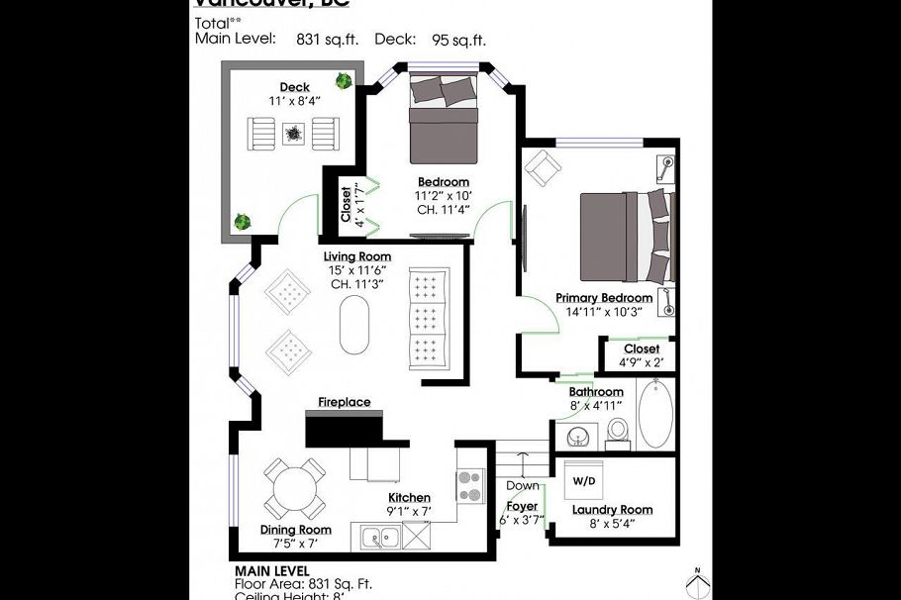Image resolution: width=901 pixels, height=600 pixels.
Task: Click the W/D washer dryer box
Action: (x=586, y=480)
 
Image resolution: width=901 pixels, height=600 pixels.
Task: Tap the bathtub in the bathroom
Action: (x=654, y=415)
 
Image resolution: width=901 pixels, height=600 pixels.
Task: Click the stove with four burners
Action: (x=469, y=485)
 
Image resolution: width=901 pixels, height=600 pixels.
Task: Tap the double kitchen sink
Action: (x=379, y=538)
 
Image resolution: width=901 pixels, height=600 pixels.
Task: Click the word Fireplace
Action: (x=344, y=402)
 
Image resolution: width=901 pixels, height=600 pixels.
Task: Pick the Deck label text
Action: (x=294, y=88)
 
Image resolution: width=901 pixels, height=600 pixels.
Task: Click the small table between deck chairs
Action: (x=294, y=131)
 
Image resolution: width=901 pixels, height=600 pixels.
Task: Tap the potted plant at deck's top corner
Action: (x=345, y=81)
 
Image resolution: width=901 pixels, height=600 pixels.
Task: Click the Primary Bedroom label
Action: (x=603, y=298)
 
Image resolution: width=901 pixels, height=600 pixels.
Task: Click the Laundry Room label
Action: (x=612, y=511)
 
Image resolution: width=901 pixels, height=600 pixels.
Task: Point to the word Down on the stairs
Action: (x=522, y=486)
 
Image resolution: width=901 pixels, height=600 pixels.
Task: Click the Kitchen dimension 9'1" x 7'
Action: (x=409, y=512)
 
